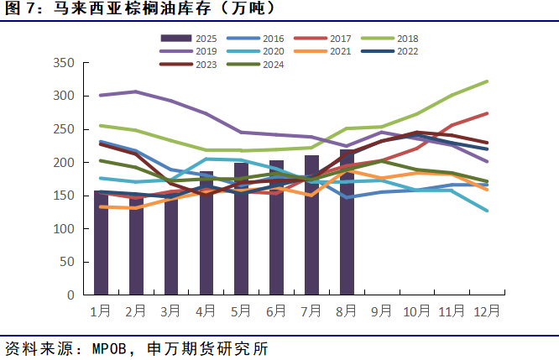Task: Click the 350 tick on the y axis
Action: point(64,63)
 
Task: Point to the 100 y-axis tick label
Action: point(64,229)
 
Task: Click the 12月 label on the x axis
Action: point(486,310)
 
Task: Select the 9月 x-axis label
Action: point(381,310)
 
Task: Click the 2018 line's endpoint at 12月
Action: point(486,81)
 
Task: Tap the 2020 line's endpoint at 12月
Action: point(486,211)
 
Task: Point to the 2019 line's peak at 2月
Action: point(136,91)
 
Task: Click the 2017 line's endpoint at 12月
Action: point(486,113)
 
